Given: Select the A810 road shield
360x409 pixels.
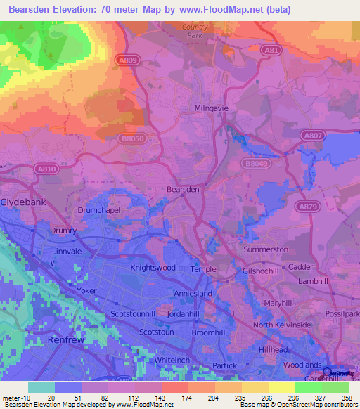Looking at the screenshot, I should [x=48, y=169].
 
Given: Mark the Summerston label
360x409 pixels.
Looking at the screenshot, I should [x=266, y=249].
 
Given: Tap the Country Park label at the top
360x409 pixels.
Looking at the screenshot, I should [x=194, y=30].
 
